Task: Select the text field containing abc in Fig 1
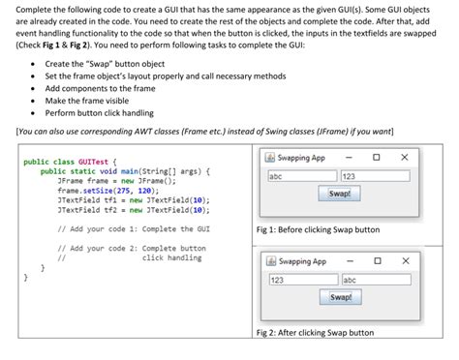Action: (302, 176)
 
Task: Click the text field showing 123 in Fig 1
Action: (377, 176)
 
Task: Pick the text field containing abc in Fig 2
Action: (377, 280)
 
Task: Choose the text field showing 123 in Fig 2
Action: (302, 280)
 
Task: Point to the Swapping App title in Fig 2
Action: (302, 261)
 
